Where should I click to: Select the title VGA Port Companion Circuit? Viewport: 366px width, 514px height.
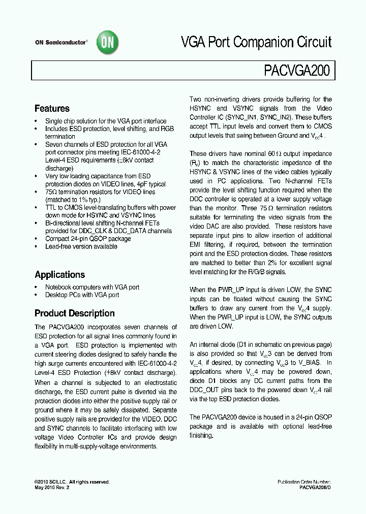257,42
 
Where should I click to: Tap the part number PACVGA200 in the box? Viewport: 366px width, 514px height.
297,71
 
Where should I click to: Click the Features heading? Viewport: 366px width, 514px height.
52,109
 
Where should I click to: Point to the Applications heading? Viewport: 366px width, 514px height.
59,275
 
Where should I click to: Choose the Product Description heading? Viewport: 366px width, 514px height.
74,313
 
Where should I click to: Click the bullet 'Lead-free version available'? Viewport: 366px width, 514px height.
81,246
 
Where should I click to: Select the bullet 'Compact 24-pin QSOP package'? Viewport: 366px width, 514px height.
81,239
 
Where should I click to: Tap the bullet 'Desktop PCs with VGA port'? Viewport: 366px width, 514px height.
82,295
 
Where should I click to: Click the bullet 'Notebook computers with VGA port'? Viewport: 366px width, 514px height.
92,287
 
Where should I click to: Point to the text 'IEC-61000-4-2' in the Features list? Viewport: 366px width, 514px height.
146,152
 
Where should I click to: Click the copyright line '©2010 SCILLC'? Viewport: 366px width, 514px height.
51,482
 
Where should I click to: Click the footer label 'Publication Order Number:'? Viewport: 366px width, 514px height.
304,482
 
